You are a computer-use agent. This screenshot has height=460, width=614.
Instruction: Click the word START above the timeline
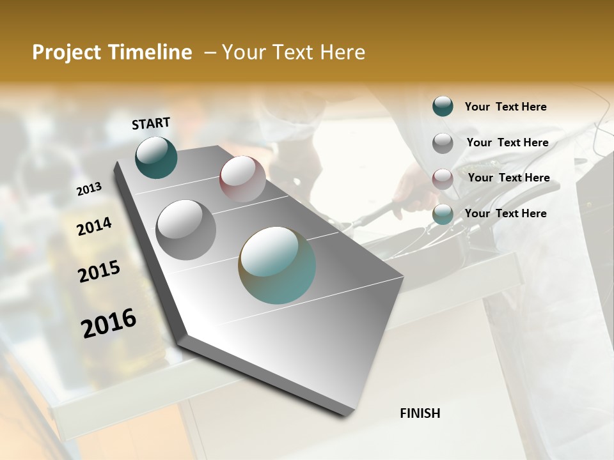(151, 123)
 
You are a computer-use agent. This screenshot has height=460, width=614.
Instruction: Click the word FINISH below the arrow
(420, 413)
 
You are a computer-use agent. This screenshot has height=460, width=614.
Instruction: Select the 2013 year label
(89, 189)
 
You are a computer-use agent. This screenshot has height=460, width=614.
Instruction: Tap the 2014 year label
(94, 226)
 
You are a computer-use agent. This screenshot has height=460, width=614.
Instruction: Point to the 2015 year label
(99, 272)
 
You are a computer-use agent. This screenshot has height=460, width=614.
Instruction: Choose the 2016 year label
(109, 323)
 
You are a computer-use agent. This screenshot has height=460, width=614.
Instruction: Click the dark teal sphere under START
(156, 157)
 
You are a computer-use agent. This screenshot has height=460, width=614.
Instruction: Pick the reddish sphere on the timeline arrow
(242, 179)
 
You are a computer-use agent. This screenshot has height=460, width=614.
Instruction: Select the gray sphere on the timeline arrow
(186, 229)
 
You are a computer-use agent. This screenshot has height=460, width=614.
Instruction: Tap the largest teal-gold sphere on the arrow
(276, 265)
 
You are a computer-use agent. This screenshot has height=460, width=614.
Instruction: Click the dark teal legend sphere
(443, 106)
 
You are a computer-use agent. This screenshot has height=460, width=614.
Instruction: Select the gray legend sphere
(443, 142)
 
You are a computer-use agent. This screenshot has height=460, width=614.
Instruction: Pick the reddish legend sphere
(443, 178)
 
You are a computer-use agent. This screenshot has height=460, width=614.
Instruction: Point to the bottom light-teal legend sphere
(443, 214)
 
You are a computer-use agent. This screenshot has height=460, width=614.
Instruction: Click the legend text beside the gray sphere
(507, 142)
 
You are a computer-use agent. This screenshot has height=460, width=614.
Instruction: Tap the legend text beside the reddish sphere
(508, 178)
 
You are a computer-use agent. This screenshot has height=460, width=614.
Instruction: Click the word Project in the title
(67, 52)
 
